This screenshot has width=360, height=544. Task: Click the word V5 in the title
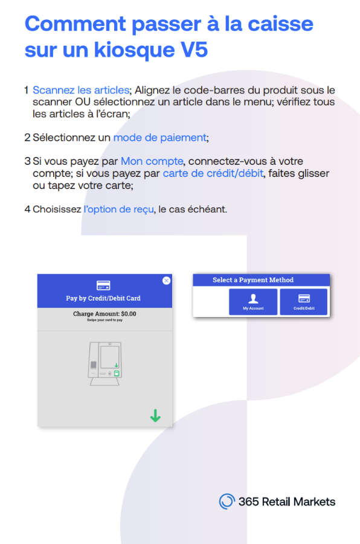click(x=191, y=50)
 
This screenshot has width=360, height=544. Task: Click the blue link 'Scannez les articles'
click(x=81, y=91)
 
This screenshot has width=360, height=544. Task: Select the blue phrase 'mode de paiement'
click(x=159, y=138)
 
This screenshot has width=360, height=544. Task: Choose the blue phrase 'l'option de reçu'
click(x=119, y=210)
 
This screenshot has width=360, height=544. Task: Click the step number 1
click(x=27, y=91)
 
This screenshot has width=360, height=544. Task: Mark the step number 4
click(x=27, y=210)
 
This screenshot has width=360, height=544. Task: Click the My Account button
click(x=253, y=301)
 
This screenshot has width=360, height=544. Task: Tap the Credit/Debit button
click(x=304, y=301)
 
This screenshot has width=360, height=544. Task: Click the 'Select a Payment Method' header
click(x=253, y=280)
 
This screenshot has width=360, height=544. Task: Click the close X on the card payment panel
click(x=167, y=280)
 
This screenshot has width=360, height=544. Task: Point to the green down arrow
click(x=155, y=415)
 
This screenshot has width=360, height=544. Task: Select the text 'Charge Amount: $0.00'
click(x=104, y=314)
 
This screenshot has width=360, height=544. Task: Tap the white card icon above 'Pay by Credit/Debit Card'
click(x=103, y=286)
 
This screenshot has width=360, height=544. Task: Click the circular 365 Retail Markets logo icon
click(x=227, y=501)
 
